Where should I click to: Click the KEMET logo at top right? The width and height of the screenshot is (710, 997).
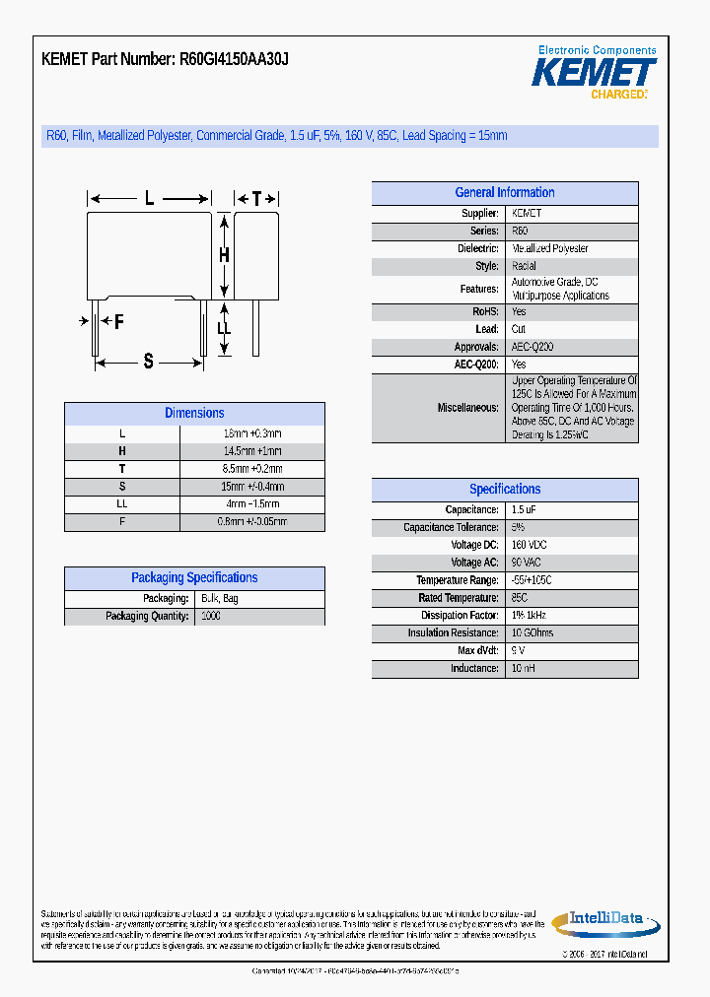594,73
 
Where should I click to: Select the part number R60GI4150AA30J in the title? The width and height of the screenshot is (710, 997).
234,59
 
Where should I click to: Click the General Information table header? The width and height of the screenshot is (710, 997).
504,193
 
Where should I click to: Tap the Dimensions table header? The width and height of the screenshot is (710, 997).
194,414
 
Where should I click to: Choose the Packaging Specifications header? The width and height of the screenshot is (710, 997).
194,578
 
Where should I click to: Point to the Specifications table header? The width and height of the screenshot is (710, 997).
504,490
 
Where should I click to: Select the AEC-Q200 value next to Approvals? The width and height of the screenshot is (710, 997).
532,347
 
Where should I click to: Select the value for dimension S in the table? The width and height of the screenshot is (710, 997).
252,487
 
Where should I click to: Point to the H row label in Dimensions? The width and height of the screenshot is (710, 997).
122,451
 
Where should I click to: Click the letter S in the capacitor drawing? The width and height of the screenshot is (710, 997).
149,362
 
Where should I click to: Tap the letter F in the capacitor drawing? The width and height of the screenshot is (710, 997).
118,321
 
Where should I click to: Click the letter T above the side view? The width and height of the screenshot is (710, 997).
256,199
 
